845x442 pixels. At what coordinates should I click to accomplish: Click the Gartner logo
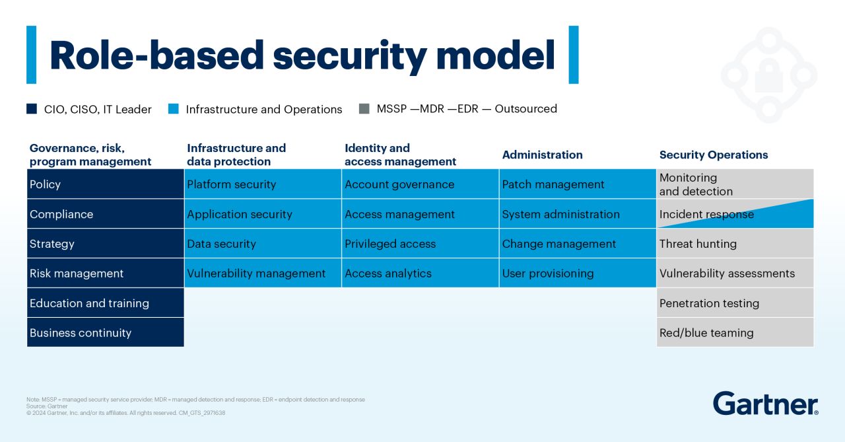765,403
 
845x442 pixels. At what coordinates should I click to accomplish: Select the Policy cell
106,184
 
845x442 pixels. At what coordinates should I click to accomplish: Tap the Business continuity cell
106,332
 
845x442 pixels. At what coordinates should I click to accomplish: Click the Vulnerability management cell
263,273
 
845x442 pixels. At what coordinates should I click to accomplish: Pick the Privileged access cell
420,243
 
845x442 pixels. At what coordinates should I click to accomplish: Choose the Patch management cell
578,184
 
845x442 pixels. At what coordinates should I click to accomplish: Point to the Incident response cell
735,214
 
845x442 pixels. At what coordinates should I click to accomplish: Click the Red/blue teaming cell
735,332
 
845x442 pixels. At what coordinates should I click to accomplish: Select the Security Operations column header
714,155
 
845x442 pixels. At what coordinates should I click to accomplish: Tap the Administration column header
542,155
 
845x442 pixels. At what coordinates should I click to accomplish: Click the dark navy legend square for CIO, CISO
32,109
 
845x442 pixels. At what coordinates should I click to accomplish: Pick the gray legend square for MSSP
364,109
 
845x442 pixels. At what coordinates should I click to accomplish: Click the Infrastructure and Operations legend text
264,110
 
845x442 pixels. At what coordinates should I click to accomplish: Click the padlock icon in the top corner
768,75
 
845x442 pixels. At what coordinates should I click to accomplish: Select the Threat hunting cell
735,243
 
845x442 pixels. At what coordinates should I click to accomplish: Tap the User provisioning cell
578,273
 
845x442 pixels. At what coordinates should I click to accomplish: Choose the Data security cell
263,243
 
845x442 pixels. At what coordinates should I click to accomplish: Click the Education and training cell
106,303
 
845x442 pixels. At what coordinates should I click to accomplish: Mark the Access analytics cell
420,273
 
